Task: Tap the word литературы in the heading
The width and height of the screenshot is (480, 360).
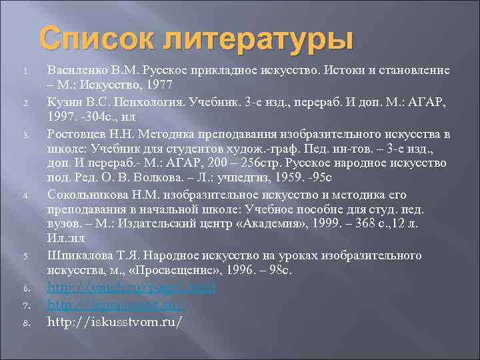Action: pyautogui.click(x=252, y=39)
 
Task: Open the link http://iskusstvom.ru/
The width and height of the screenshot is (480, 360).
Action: pyautogui.click(x=115, y=321)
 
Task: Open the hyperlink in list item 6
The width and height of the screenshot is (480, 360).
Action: pyautogui.click(x=131, y=287)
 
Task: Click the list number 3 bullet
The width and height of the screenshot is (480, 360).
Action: pyautogui.click(x=24, y=133)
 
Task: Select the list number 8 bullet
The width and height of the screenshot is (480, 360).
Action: pyautogui.click(x=24, y=323)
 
